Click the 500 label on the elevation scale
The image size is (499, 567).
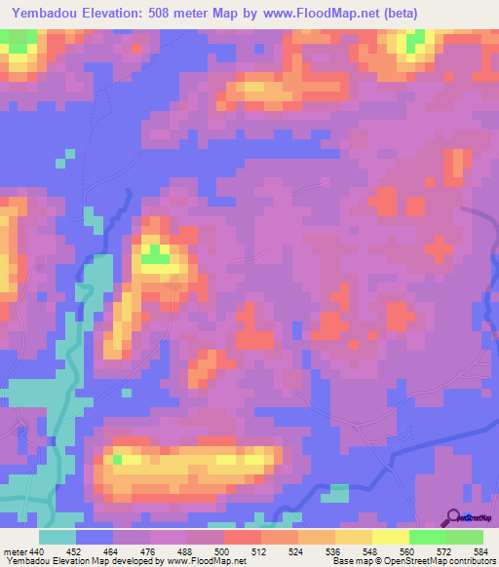[223, 550]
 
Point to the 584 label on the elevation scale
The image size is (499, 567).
[480, 550]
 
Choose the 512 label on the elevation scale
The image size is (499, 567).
[260, 550]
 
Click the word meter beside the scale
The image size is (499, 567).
[16, 550]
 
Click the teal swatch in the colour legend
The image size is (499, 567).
[58, 537]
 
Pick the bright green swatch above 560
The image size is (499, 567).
[427, 537]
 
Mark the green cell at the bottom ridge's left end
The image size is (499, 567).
[118, 459]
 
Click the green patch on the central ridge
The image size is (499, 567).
[153, 255]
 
